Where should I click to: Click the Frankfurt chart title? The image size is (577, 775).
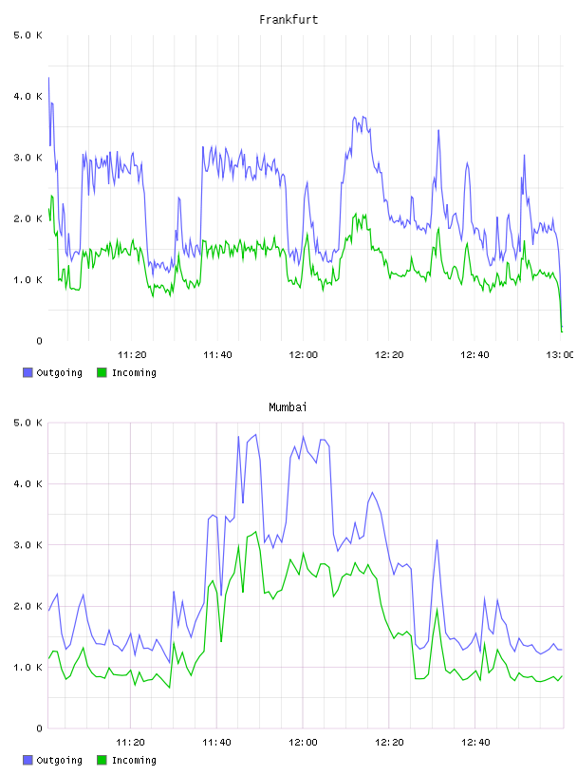click(288, 20)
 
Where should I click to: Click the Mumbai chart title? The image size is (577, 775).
click(288, 407)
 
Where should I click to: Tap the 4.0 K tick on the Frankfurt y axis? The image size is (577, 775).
click(28, 96)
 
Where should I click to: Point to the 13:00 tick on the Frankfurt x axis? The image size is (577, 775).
click(560, 355)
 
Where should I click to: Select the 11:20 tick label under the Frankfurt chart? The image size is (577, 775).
click(132, 355)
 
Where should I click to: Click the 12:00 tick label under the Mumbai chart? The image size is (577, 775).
click(303, 743)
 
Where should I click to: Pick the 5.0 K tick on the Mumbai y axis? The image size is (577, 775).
click(28, 423)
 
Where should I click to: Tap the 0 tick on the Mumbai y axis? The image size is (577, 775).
click(39, 728)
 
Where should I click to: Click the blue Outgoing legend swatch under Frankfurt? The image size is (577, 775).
click(28, 372)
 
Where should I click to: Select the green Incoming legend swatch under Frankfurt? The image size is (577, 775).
click(102, 372)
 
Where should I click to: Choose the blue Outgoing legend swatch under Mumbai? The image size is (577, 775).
click(28, 760)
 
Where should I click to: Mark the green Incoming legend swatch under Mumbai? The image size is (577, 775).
click(102, 760)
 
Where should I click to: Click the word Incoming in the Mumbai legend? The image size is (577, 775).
click(134, 761)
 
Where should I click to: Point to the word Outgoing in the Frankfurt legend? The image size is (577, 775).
click(59, 373)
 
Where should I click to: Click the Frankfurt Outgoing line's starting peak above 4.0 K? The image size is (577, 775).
click(48, 78)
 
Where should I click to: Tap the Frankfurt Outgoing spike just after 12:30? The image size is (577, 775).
click(438, 130)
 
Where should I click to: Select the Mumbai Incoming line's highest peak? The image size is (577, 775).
click(256, 532)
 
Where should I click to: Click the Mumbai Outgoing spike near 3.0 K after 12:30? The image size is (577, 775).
click(437, 539)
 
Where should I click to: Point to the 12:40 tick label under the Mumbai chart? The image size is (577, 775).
click(475, 743)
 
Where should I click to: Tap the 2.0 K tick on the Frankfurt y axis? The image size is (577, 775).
click(28, 219)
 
